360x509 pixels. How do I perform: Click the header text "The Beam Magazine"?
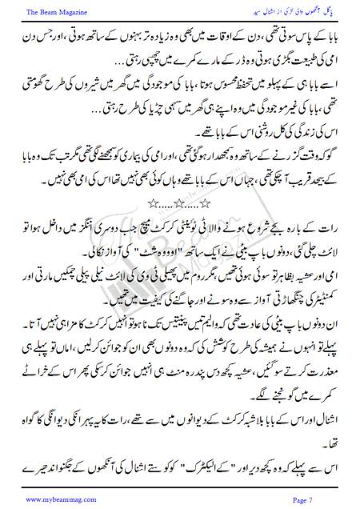pyautogui.click(x=47, y=11)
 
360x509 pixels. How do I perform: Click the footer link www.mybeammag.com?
pyautogui.click(x=54, y=498)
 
